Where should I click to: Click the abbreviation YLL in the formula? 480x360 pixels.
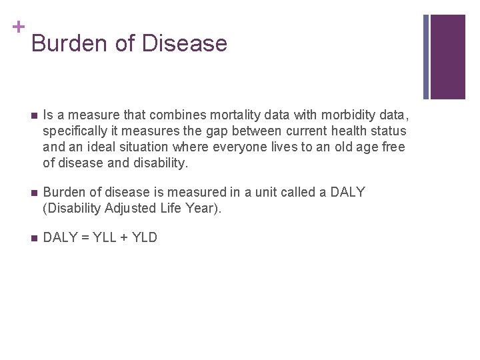coord(102,238)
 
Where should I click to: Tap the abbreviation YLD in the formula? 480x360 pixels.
coord(143,238)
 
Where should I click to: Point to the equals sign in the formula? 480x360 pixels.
coord(84,238)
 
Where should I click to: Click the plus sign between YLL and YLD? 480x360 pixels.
coord(123,238)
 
